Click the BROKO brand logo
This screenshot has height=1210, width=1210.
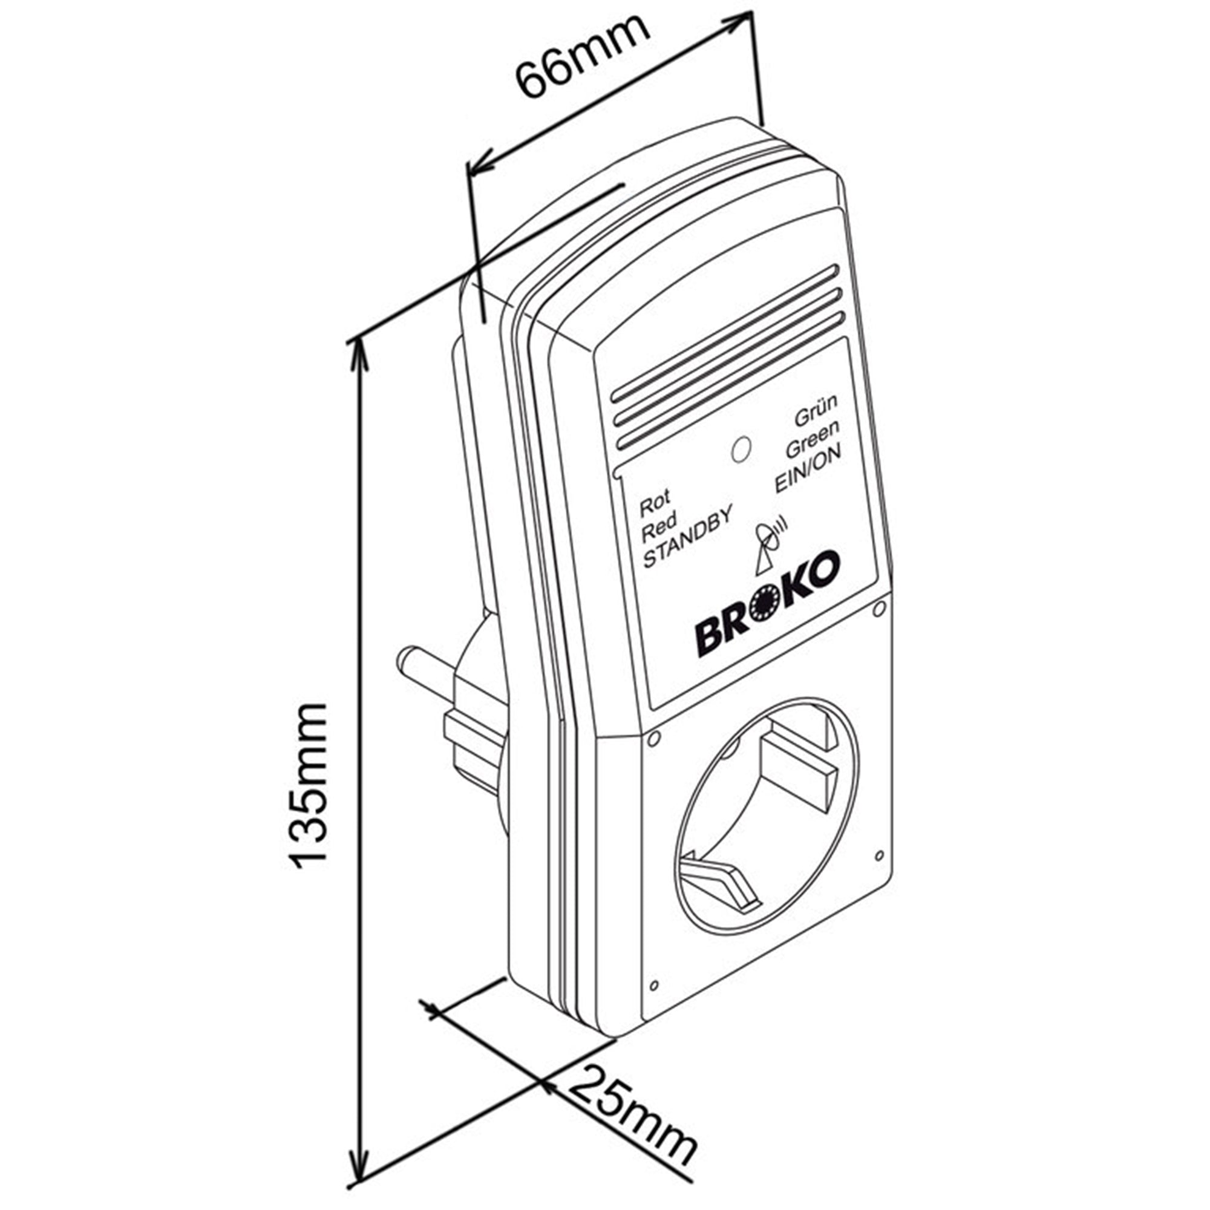767,604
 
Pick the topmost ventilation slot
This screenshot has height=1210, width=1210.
724,335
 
